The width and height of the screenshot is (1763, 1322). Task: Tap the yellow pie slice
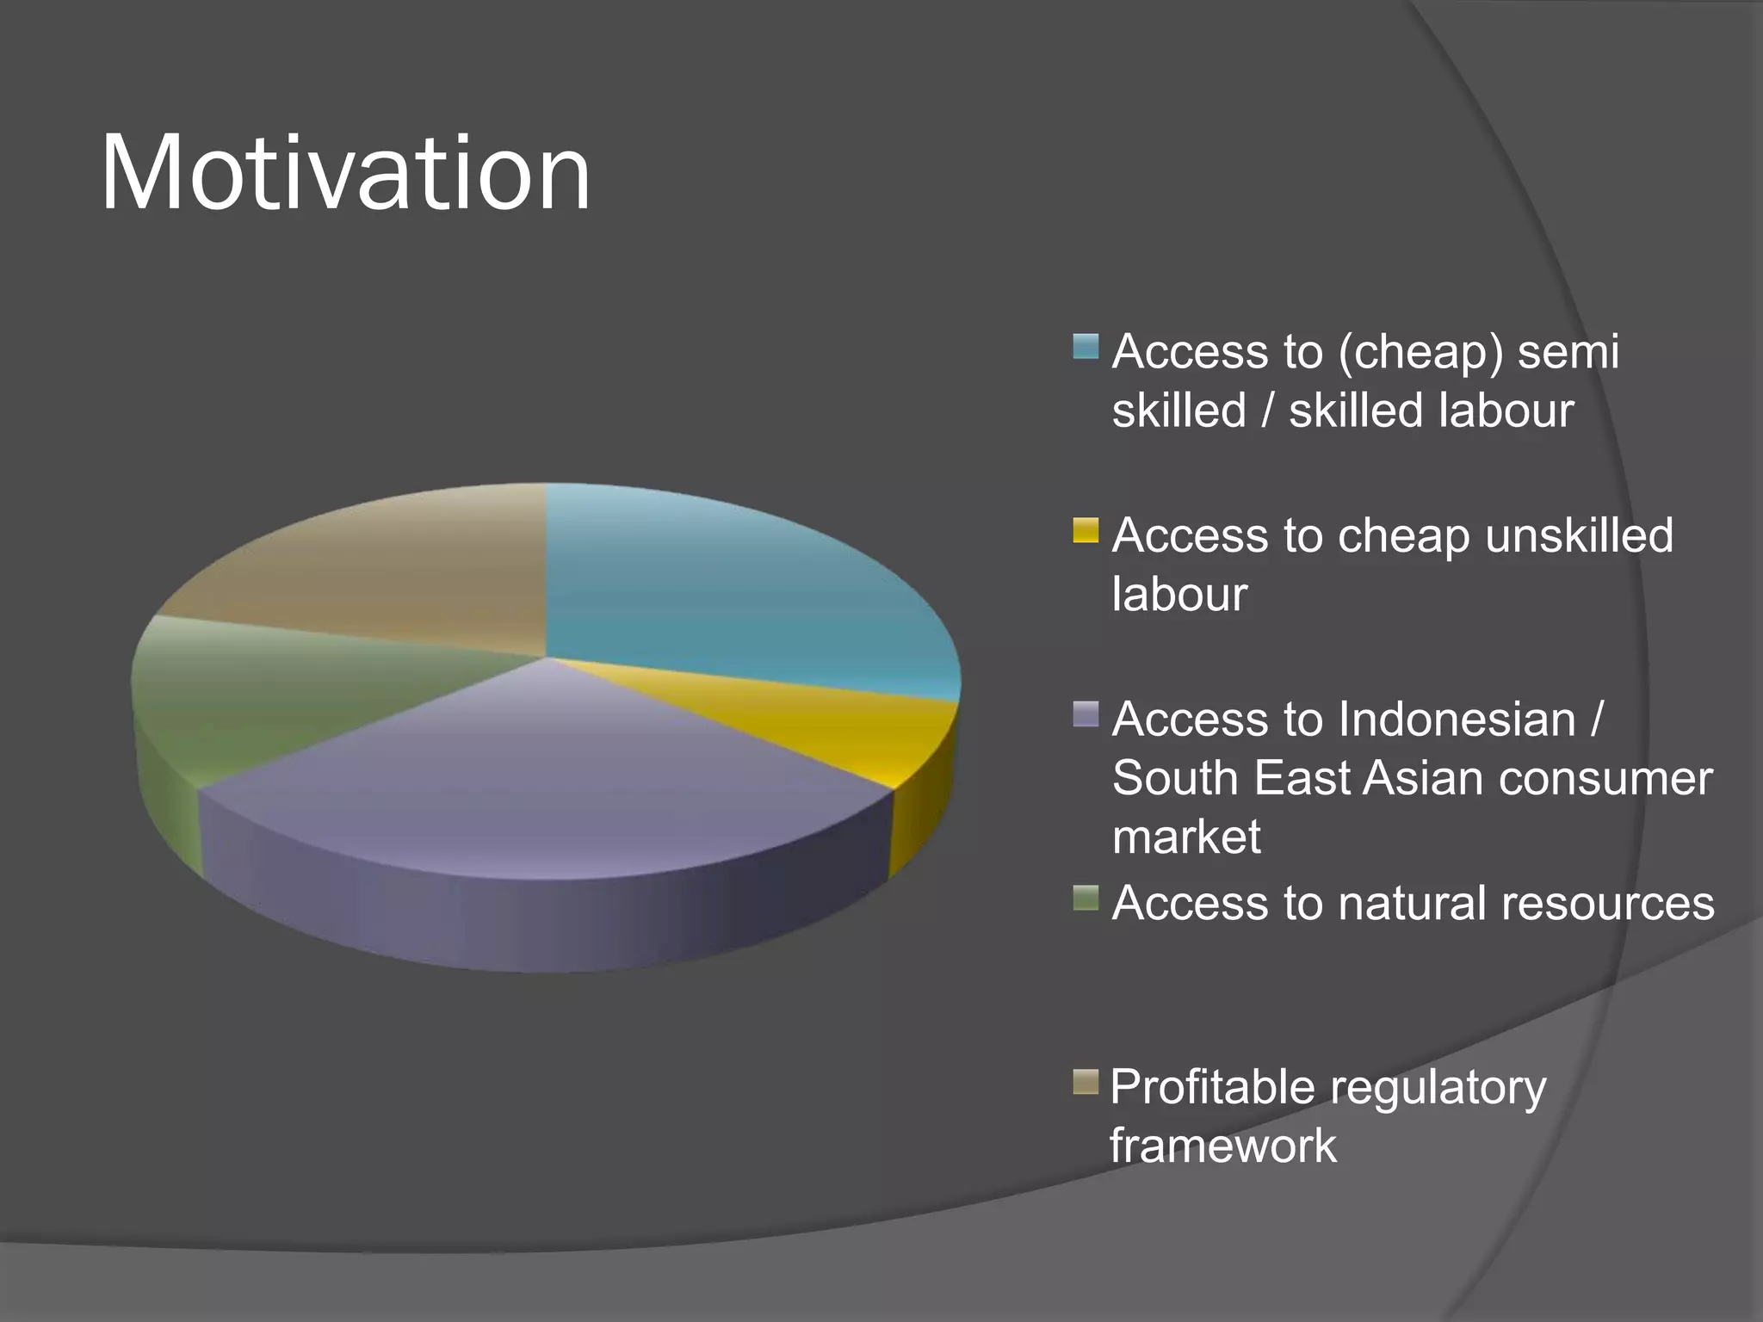pyautogui.click(x=826, y=732)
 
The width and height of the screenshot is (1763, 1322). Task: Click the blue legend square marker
pyautogui.click(x=1086, y=347)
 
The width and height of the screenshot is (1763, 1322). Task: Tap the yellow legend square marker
pyautogui.click(x=1086, y=530)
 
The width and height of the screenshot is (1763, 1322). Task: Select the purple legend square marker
pyautogui.click(x=1086, y=714)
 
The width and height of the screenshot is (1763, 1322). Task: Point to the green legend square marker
pyautogui.click(x=1086, y=898)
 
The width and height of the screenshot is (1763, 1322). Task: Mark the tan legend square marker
pyautogui.click(x=1086, y=1082)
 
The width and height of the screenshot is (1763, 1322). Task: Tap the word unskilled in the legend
pyautogui.click(x=1579, y=536)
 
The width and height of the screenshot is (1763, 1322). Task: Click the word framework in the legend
pyautogui.click(x=1222, y=1146)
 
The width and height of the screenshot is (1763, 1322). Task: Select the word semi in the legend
pyautogui.click(x=1568, y=353)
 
